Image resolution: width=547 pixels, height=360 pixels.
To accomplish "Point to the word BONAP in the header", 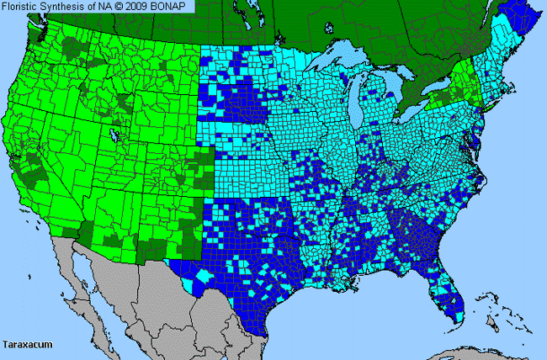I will tap(173, 7).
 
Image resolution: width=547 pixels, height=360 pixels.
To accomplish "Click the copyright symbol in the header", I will tap(119, 7).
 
